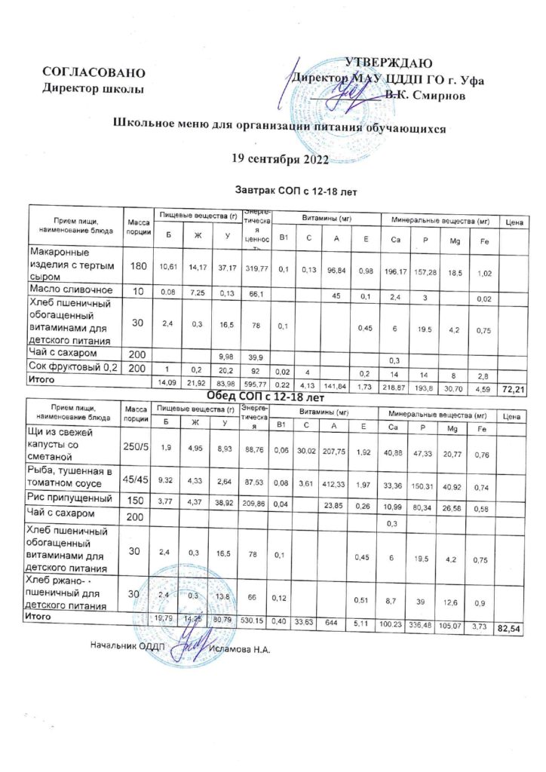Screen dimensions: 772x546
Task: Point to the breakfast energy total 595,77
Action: click(256, 383)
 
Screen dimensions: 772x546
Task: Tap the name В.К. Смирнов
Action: click(429, 96)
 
